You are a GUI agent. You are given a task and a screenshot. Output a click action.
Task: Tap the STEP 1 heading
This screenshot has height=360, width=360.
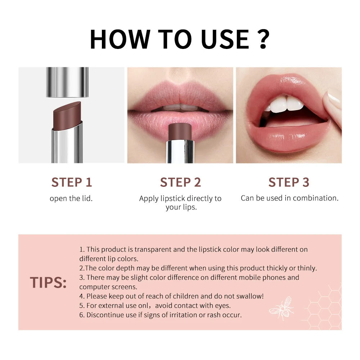pos(72,182)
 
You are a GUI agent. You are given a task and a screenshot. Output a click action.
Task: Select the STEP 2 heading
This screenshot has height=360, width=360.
pos(180,182)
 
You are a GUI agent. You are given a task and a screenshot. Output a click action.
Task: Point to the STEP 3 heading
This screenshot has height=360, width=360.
pos(289,182)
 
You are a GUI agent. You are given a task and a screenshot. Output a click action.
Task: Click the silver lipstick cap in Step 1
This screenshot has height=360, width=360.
pos(67,82)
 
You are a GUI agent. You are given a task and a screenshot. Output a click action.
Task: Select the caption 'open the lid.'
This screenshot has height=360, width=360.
pos(71,198)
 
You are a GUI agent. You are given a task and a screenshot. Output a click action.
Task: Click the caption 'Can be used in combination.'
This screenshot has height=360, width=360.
pos(289,198)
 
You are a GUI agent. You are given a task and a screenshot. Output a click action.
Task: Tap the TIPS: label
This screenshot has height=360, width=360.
pos(48,283)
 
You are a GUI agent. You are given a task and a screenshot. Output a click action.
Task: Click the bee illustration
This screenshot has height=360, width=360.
pos(282,308)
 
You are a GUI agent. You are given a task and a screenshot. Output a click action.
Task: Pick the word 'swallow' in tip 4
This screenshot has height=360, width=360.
pos(250,296)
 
